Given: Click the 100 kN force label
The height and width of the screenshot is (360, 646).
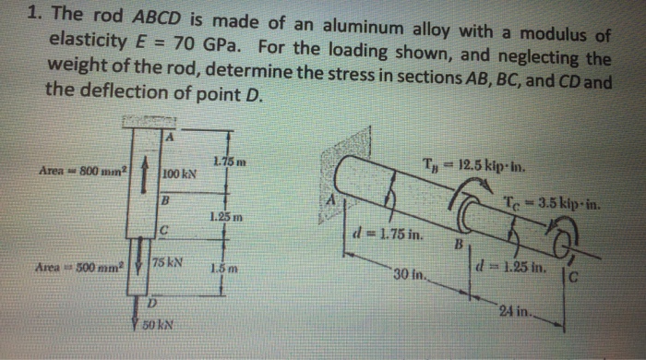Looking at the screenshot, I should point(179,174).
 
